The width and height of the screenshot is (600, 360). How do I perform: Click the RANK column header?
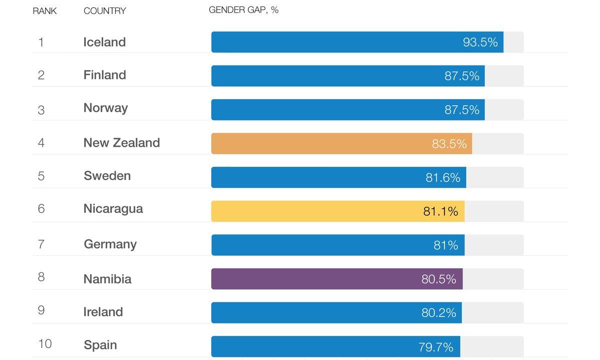[45, 11]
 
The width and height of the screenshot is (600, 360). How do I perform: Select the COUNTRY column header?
[105, 11]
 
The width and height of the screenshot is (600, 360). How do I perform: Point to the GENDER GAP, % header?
[243, 10]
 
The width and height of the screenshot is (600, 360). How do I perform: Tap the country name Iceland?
[105, 42]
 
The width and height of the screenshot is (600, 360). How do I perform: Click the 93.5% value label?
[480, 42]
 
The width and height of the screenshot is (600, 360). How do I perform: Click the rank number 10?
[45, 344]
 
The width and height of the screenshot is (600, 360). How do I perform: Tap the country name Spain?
[100, 345]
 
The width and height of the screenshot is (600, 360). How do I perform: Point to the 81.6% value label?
[443, 178]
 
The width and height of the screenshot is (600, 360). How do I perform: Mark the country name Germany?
[110, 244]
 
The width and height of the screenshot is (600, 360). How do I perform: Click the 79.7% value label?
[436, 346]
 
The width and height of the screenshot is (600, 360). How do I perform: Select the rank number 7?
[41, 243]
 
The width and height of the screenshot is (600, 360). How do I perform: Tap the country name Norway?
[106, 108]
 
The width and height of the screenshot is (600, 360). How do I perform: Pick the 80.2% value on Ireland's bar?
[438, 313]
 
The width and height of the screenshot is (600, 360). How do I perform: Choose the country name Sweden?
[107, 176]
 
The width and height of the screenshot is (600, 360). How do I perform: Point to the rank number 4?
[41, 143]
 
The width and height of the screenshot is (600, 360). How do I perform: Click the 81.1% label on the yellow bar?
[440, 211]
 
